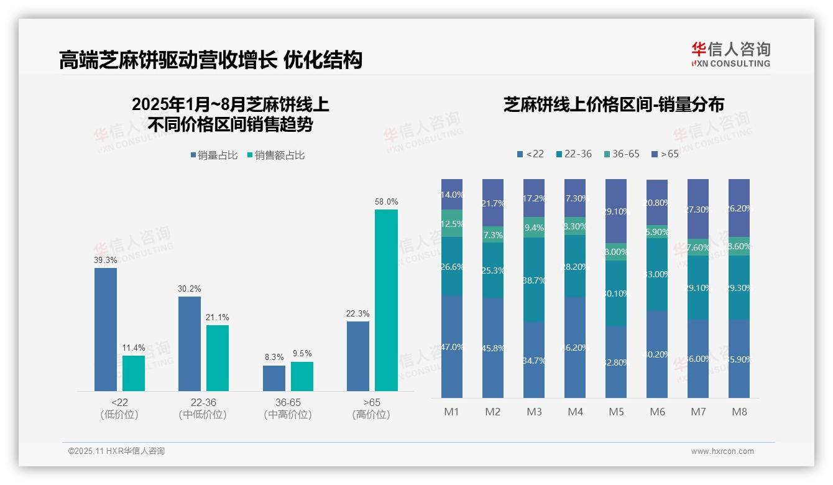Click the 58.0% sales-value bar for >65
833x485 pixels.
(x=386, y=300)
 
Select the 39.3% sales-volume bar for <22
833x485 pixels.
(x=106, y=330)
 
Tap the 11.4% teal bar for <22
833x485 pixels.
(x=134, y=373)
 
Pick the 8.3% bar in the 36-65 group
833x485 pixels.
(x=274, y=378)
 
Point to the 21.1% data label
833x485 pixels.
(x=218, y=318)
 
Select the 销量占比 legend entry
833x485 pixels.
(x=214, y=155)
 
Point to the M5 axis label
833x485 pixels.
(x=616, y=412)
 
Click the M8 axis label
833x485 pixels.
(x=739, y=412)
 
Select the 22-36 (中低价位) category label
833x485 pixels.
(x=203, y=409)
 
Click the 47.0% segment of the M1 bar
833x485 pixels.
(x=452, y=346)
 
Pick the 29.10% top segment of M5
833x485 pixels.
(x=616, y=211)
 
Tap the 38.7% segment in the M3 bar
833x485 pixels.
(x=534, y=280)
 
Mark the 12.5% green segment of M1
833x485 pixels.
(x=452, y=223)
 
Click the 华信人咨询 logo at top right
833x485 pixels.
(x=730, y=54)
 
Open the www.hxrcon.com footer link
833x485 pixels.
(x=722, y=451)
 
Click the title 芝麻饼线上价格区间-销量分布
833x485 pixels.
(x=614, y=105)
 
